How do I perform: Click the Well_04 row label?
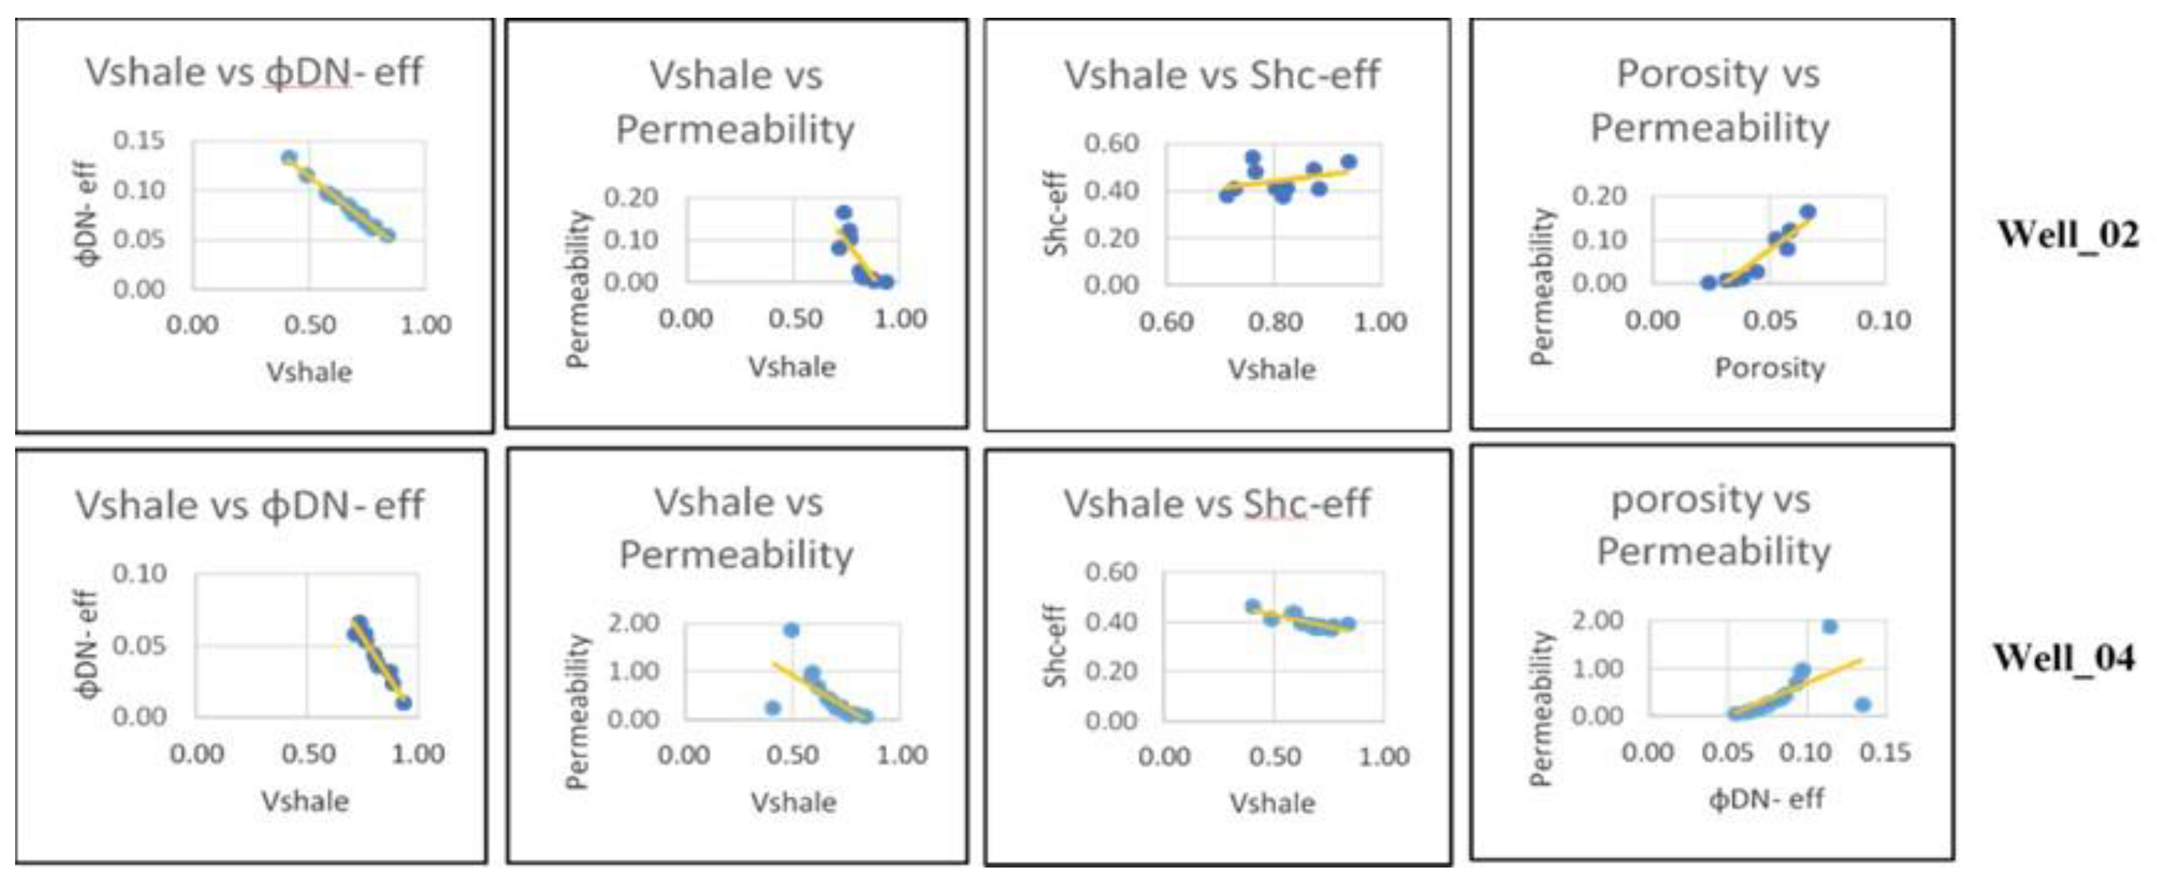tap(2063, 658)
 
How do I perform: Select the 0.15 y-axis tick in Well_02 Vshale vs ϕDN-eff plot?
tap(139, 140)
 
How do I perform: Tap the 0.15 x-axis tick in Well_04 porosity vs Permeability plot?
tap(1885, 752)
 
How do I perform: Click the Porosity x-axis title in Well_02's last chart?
tap(1769, 368)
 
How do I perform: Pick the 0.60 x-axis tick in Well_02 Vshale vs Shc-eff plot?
tap(1166, 322)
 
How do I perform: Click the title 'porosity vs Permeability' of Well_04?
tap(1713, 525)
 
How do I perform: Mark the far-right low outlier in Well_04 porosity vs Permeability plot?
tap(1862, 704)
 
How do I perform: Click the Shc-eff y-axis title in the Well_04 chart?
tap(1055, 645)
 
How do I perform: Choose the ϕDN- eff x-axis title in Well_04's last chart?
tap(1766, 799)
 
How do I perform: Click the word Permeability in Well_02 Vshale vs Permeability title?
tap(735, 130)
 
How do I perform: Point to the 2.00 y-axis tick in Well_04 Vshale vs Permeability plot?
tap(633, 623)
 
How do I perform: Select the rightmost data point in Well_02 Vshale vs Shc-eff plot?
tap(1348, 162)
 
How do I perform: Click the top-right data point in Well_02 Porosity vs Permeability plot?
tap(1808, 212)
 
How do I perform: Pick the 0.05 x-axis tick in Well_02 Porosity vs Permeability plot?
tap(1769, 320)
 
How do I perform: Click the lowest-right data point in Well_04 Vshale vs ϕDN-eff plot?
tap(404, 702)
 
